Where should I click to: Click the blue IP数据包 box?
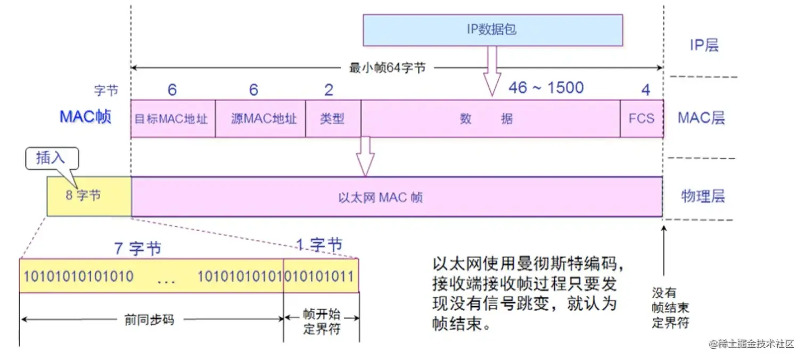[x=492, y=30]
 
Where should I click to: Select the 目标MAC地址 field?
[x=172, y=118]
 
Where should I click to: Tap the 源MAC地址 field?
[x=260, y=118]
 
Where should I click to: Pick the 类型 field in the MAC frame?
[x=333, y=118]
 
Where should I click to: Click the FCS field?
[x=642, y=118]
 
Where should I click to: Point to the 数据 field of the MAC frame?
[x=487, y=118]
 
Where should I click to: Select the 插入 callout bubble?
[x=51, y=159]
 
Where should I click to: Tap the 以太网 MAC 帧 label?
[x=380, y=198]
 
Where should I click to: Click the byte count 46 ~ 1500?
[x=546, y=87]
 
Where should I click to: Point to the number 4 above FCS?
[x=645, y=90]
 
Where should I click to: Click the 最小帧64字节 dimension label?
[x=387, y=68]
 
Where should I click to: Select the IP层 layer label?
[x=704, y=45]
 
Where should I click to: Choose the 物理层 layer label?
[x=703, y=197]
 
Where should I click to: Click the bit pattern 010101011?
[x=320, y=276]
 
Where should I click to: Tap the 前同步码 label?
[x=150, y=320]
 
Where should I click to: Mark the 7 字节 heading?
[x=137, y=248]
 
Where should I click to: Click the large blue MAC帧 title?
[x=85, y=117]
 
